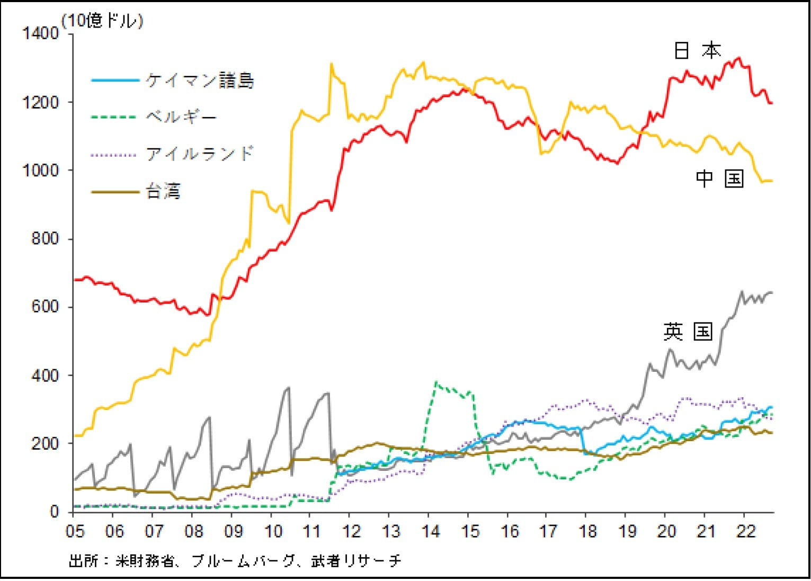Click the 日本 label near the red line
(697, 51)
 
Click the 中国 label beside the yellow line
(719, 179)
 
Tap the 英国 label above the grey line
(688, 332)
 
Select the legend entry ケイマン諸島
(200, 81)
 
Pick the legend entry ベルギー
(181, 117)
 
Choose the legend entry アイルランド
(200, 154)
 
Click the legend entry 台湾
(163, 192)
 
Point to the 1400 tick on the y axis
(40, 33)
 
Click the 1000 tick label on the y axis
(40, 171)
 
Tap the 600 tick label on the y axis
(45, 307)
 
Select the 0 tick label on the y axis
(55, 512)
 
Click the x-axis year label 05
(75, 531)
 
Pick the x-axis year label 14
(430, 531)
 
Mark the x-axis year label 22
(745, 531)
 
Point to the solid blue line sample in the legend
(115, 81)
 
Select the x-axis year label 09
(233, 531)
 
